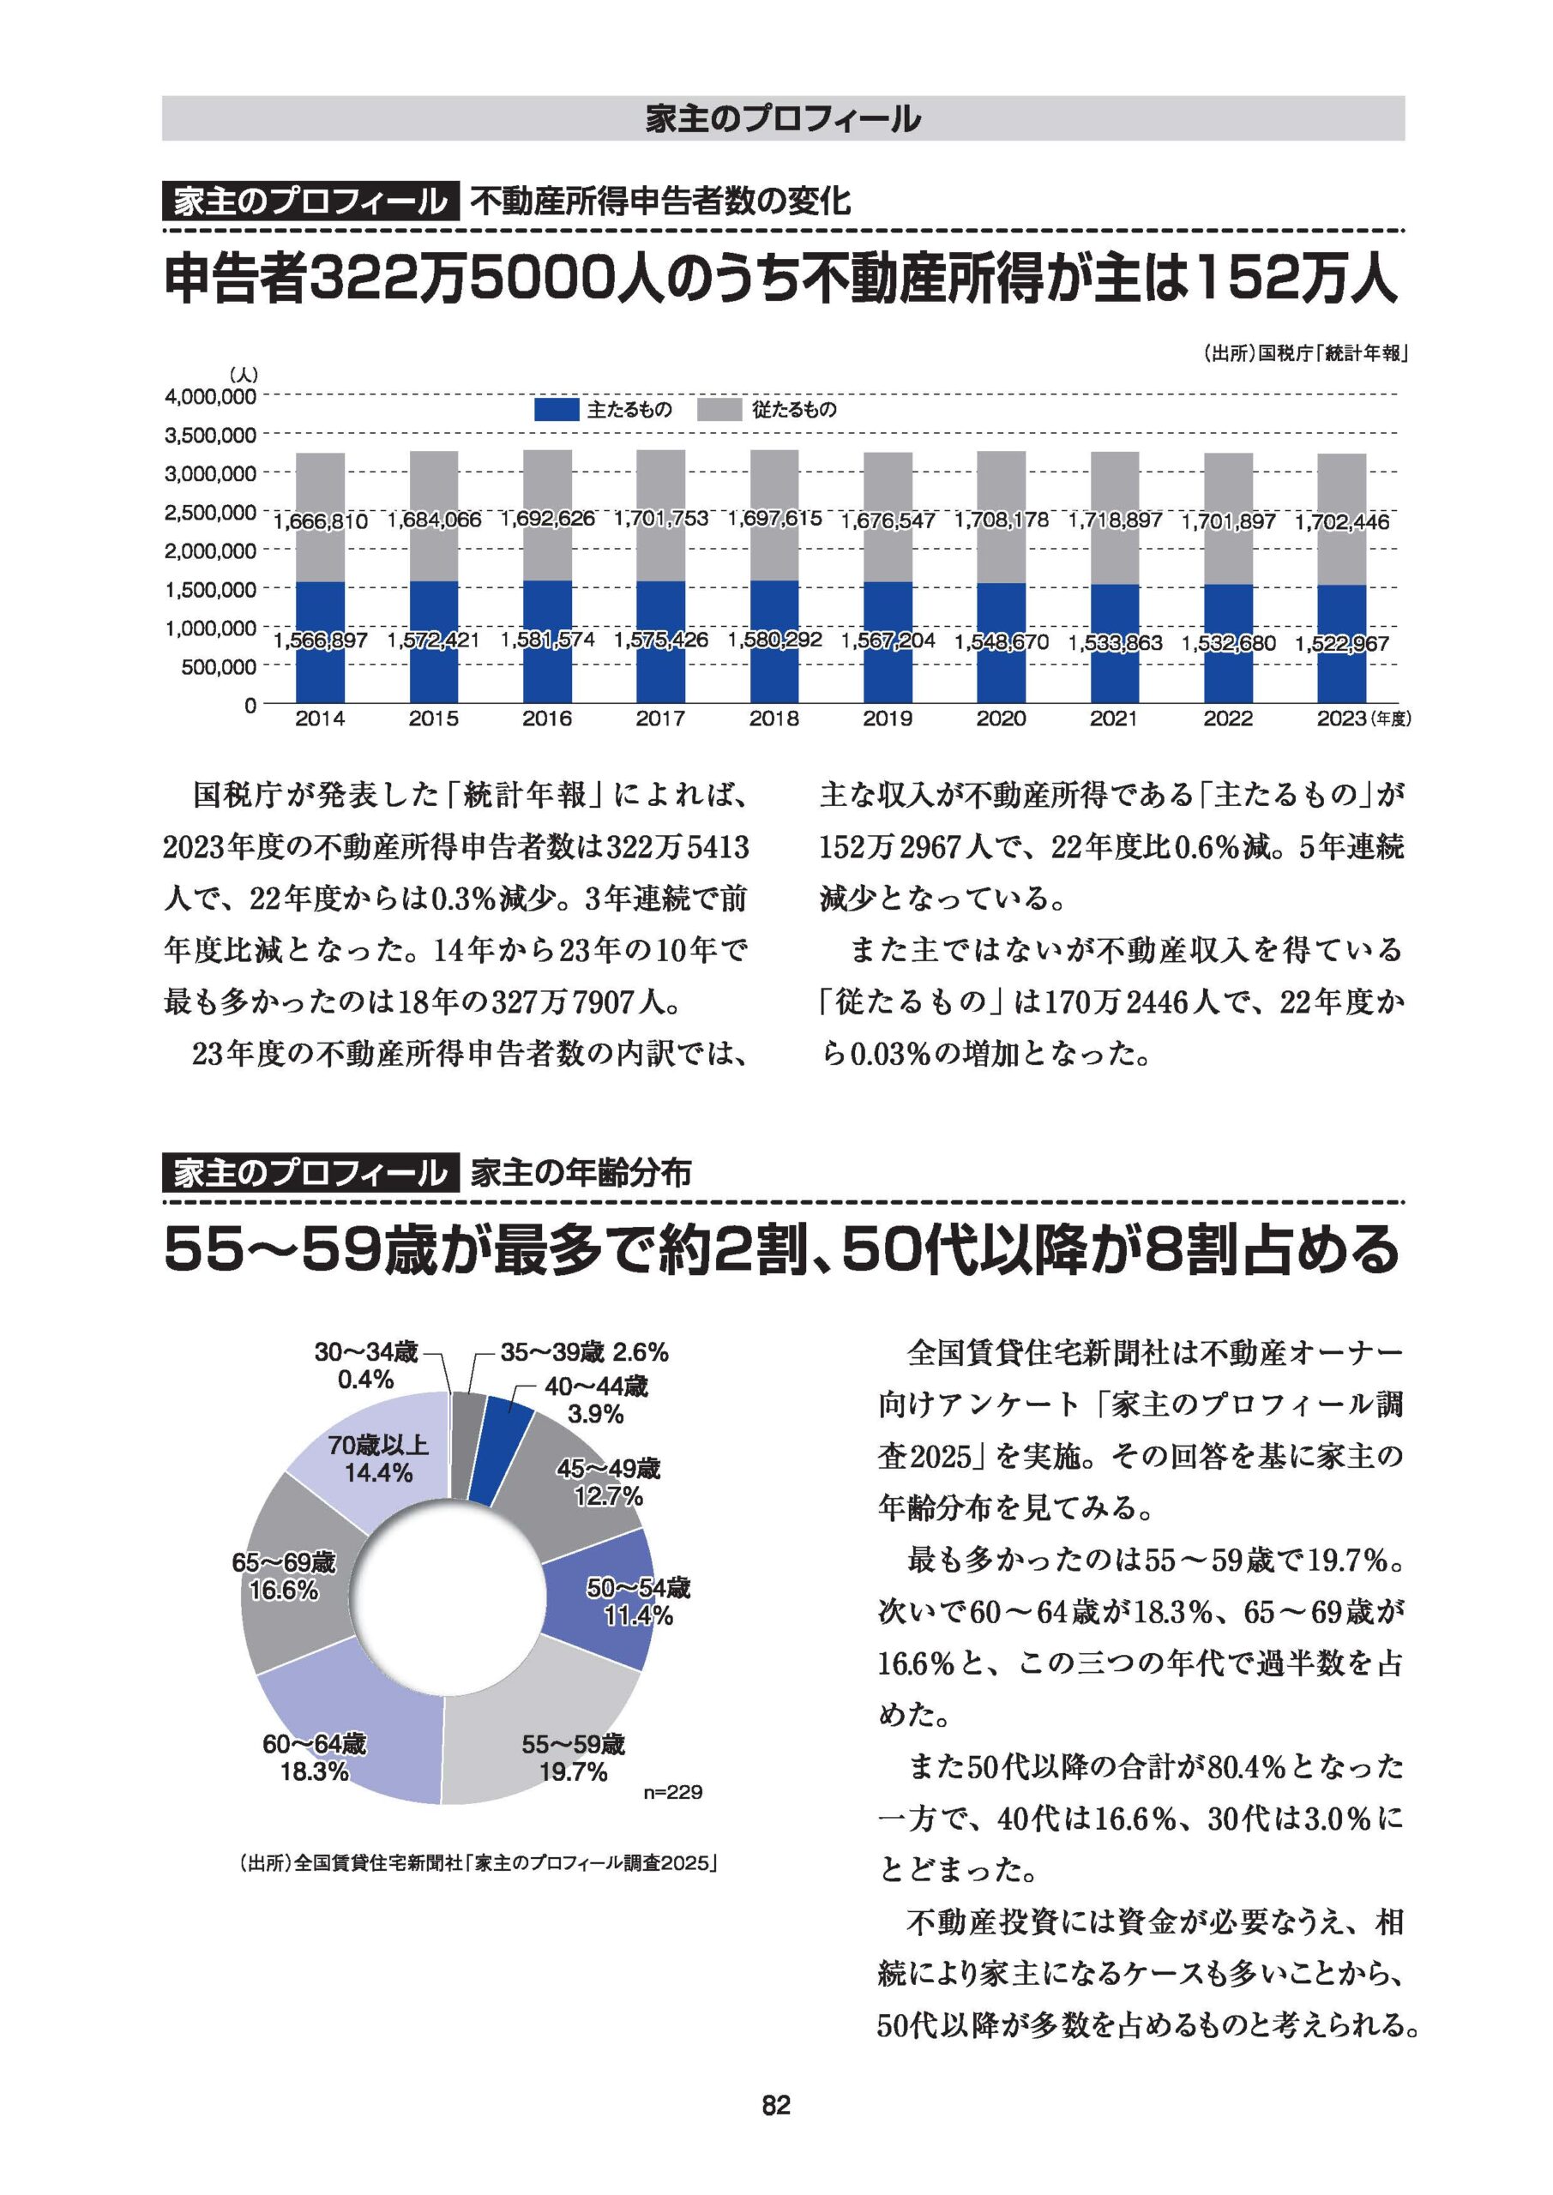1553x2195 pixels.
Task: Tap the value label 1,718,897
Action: point(1115,520)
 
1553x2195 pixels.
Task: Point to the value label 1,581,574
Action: point(548,639)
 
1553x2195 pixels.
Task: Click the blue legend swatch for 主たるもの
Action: point(556,410)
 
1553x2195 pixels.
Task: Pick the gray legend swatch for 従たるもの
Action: point(719,410)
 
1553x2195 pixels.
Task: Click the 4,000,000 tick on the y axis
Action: point(210,396)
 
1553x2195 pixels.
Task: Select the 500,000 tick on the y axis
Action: point(219,666)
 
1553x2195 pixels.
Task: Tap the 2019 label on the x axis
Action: point(888,719)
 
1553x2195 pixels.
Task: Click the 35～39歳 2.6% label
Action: point(584,1353)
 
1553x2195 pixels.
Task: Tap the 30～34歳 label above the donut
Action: point(366,1353)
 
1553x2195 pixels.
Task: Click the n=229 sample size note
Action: point(673,1791)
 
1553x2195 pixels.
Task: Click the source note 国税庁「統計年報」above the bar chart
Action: point(1306,354)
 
